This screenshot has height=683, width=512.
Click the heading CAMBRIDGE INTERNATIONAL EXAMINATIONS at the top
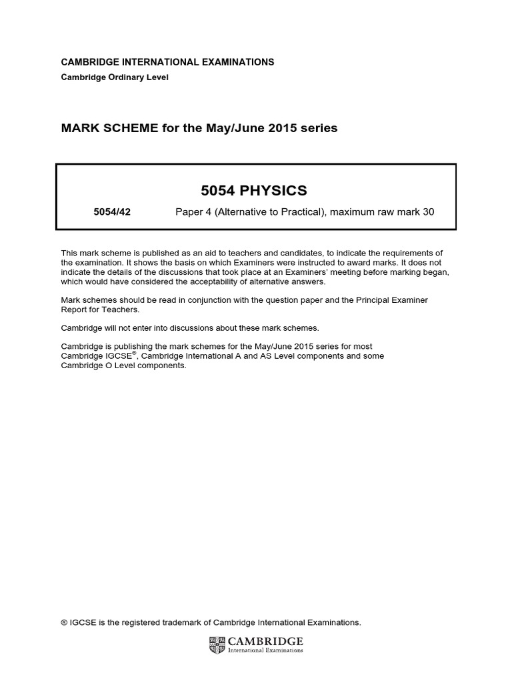pos(167,62)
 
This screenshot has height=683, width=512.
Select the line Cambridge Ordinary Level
pos(115,77)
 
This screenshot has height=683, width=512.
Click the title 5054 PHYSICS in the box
pos(254,191)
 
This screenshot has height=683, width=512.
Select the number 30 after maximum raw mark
pos(427,213)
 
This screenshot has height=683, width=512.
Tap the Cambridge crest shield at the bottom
pos(217,644)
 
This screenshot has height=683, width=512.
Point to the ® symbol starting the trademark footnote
pos(64,622)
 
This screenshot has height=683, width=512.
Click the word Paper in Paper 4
pos(189,213)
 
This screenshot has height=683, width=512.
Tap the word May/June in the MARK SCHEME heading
pos(243,127)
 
